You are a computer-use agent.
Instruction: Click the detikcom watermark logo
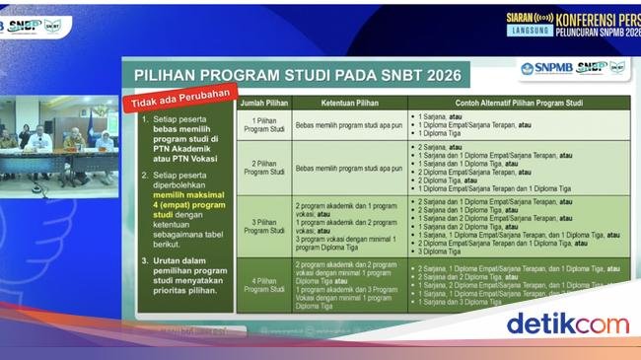[x=566, y=324]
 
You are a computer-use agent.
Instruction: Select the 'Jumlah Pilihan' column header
[x=263, y=103]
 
